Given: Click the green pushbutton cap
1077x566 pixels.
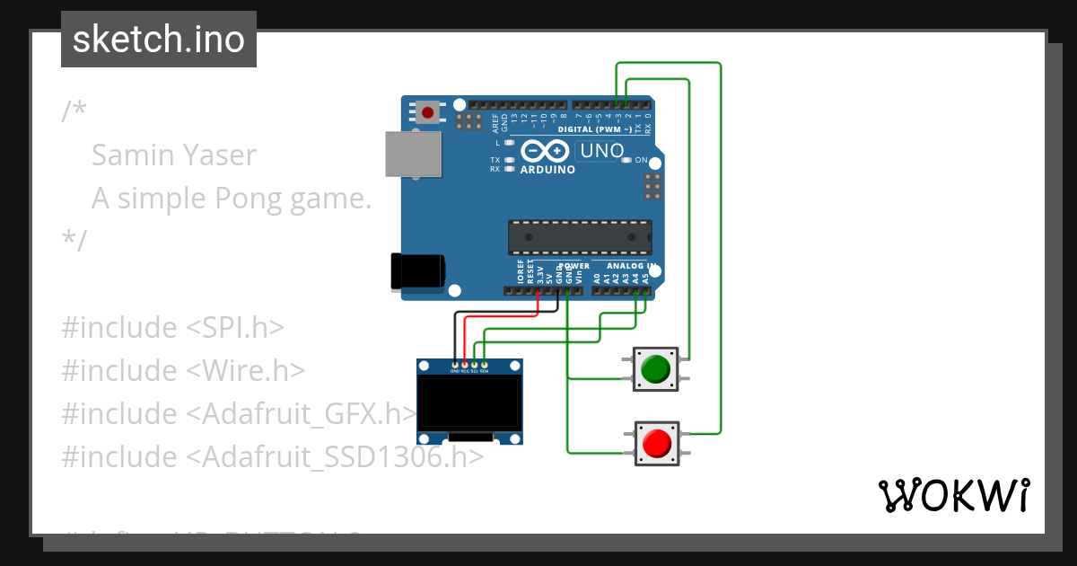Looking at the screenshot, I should [656, 368].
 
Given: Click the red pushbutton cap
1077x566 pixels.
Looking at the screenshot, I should [656, 443].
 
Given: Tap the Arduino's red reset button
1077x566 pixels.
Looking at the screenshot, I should [428, 113].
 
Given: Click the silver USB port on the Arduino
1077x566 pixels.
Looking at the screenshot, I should [412, 154].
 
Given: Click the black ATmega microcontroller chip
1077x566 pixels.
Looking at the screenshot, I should [580, 236].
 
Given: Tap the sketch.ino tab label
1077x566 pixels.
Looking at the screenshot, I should [159, 40].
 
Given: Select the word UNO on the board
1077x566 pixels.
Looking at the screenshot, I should [601, 151].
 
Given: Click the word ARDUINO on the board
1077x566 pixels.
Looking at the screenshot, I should [547, 170].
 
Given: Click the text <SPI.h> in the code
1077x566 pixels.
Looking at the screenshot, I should [235, 328].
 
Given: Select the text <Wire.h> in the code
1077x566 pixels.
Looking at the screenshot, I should [246, 370].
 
